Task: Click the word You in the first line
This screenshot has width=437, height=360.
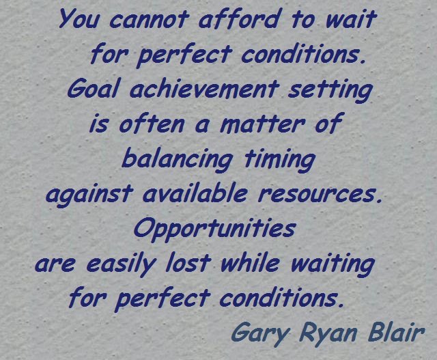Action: [x=76, y=18]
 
